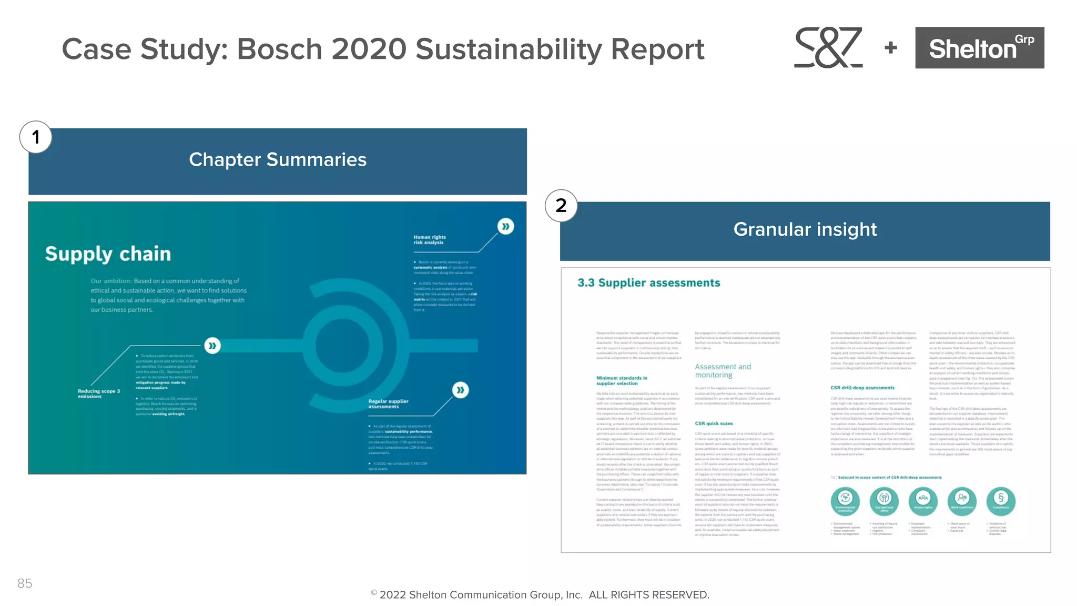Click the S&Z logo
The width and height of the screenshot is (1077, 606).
828,47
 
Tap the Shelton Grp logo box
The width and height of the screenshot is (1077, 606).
979,48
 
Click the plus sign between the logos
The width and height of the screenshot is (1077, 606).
891,48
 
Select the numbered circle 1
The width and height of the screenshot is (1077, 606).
36,137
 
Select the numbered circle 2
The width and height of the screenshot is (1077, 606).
561,206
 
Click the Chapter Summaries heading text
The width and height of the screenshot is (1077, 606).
278,159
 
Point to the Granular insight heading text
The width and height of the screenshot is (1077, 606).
805,229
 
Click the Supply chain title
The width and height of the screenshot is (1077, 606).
108,254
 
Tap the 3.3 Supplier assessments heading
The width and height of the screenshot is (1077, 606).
648,283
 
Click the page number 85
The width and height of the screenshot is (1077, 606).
25,583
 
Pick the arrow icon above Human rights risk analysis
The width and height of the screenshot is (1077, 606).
505,227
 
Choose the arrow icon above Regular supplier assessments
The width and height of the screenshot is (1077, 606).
460,390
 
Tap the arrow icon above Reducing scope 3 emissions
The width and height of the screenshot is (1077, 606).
212,346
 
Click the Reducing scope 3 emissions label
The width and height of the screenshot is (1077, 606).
99,393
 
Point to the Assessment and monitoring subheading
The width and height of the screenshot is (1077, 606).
723,371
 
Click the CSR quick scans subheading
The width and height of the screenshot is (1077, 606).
714,423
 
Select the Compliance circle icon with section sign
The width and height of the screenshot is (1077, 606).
1000,500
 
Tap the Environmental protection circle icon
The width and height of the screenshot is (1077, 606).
845,500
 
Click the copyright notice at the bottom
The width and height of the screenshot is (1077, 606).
540,595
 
